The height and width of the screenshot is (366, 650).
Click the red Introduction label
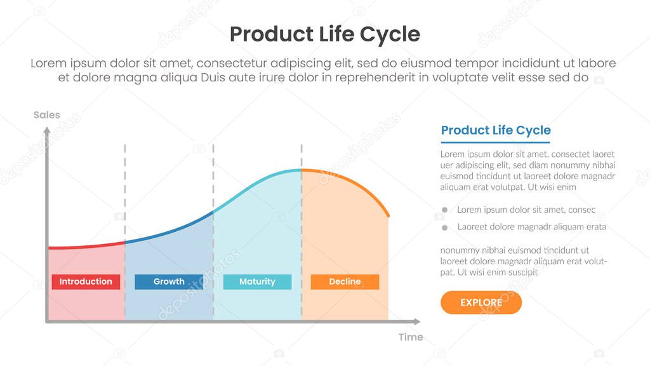tap(86, 281)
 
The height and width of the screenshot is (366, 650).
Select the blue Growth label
tap(169, 281)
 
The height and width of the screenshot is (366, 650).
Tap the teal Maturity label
tap(257, 281)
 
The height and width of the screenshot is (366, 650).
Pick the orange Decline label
tap(345, 281)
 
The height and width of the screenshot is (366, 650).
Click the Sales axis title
tap(46, 115)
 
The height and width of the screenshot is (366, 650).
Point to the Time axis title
tap(410, 337)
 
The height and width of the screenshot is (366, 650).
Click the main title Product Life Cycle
tap(324, 34)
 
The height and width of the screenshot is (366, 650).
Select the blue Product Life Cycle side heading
tap(496, 130)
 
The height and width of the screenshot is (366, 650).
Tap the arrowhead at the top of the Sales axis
tap(46, 130)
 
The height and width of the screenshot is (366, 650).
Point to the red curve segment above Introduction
tap(86, 246)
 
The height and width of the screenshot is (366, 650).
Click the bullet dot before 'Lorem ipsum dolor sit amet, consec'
tap(444, 210)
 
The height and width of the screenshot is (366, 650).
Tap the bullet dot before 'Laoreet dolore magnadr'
tap(444, 227)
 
